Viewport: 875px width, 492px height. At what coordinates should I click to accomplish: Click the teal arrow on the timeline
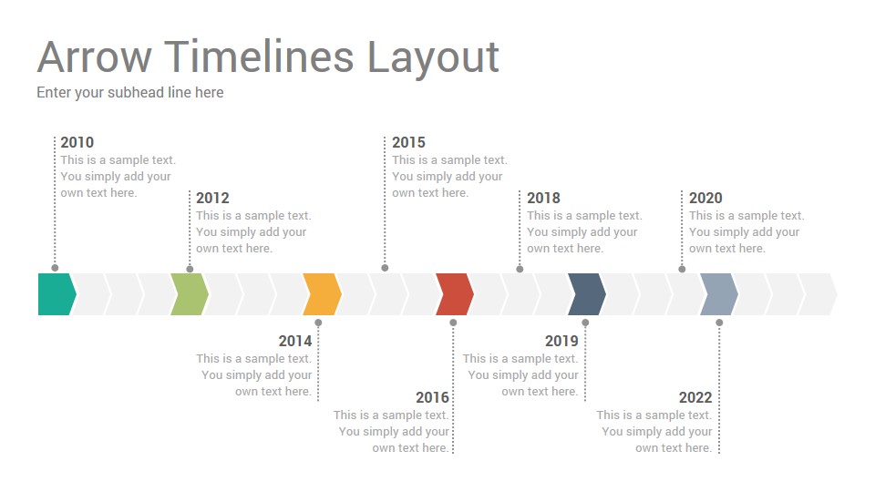(x=57, y=294)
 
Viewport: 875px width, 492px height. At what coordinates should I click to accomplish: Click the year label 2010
(x=77, y=142)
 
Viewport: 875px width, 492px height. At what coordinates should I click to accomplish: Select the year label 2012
(x=212, y=198)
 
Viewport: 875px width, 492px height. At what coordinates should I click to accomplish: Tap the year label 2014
(x=295, y=341)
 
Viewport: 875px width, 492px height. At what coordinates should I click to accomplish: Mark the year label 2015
(x=408, y=142)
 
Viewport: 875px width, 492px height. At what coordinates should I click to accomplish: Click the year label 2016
(x=432, y=397)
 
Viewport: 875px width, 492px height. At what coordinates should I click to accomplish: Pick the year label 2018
(x=543, y=198)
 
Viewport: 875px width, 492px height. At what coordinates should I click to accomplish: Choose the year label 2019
(x=561, y=341)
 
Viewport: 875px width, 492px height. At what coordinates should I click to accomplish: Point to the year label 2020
(x=705, y=198)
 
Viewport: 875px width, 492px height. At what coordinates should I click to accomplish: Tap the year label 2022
(x=695, y=397)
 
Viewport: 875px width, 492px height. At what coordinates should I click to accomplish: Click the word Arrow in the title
(x=94, y=56)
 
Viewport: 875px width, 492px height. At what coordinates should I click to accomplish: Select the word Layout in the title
(x=433, y=58)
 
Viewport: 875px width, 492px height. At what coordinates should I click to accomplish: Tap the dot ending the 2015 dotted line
(x=385, y=268)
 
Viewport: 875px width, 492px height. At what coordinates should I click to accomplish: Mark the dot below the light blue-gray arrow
(x=719, y=323)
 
